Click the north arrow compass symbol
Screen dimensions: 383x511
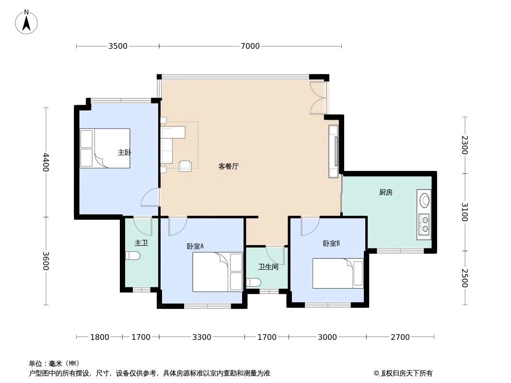26,22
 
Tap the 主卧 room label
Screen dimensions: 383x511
124,152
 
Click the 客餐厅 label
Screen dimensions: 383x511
229,167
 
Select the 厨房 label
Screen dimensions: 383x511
385,192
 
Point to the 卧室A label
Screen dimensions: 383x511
195,246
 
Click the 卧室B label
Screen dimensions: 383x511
331,243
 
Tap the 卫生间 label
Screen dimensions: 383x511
268,267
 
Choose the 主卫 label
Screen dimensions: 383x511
141,243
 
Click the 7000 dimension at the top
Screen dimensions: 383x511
250,46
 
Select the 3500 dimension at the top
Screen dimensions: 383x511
118,46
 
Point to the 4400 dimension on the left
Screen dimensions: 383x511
46,162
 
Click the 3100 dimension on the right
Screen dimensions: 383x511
465,212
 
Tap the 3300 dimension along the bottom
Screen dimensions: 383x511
202,337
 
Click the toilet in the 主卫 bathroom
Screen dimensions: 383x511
132,256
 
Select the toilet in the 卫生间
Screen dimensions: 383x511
253,282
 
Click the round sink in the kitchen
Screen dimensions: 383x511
424,199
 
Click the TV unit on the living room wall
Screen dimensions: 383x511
334,151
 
